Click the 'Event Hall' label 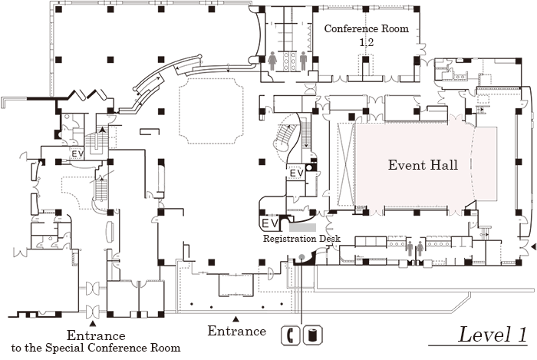click(423, 165)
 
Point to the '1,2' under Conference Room click(367, 44)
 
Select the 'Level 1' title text click(493, 335)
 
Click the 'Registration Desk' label click(301, 239)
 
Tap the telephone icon click(292, 335)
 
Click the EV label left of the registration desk click(269, 223)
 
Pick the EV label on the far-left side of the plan click(77, 154)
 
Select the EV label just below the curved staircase click(296, 174)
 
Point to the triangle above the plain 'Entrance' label click(236, 319)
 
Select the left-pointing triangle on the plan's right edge click(532, 247)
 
